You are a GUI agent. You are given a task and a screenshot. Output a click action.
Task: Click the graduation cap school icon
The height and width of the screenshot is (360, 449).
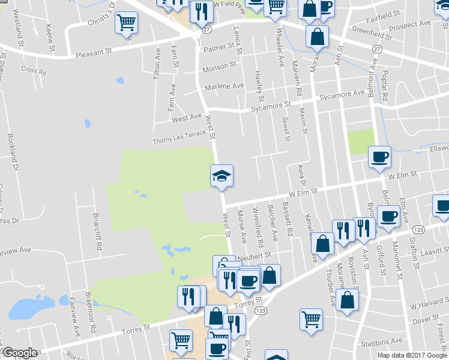221,175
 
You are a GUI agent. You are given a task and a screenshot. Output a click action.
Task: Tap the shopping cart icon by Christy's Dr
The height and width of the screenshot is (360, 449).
126,23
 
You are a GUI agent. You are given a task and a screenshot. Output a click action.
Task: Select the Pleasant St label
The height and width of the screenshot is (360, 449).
94,55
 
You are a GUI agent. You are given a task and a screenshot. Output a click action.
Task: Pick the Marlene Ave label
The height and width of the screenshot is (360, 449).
224,86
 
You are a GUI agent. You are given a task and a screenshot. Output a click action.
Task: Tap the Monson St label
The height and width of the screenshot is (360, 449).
220,67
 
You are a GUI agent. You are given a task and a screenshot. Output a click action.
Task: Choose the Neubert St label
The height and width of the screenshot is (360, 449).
255,255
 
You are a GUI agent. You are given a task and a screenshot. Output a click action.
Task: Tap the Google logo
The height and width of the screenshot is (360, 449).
20,353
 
